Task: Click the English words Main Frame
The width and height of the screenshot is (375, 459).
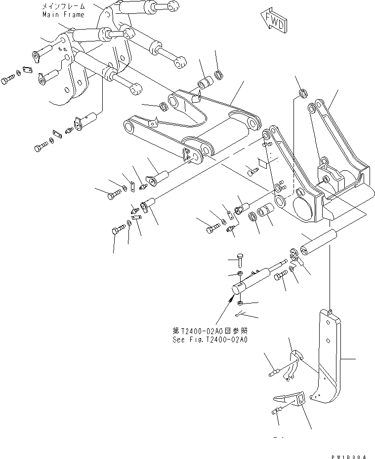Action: pos(63,14)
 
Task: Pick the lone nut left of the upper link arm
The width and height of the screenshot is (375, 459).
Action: pos(163,106)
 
